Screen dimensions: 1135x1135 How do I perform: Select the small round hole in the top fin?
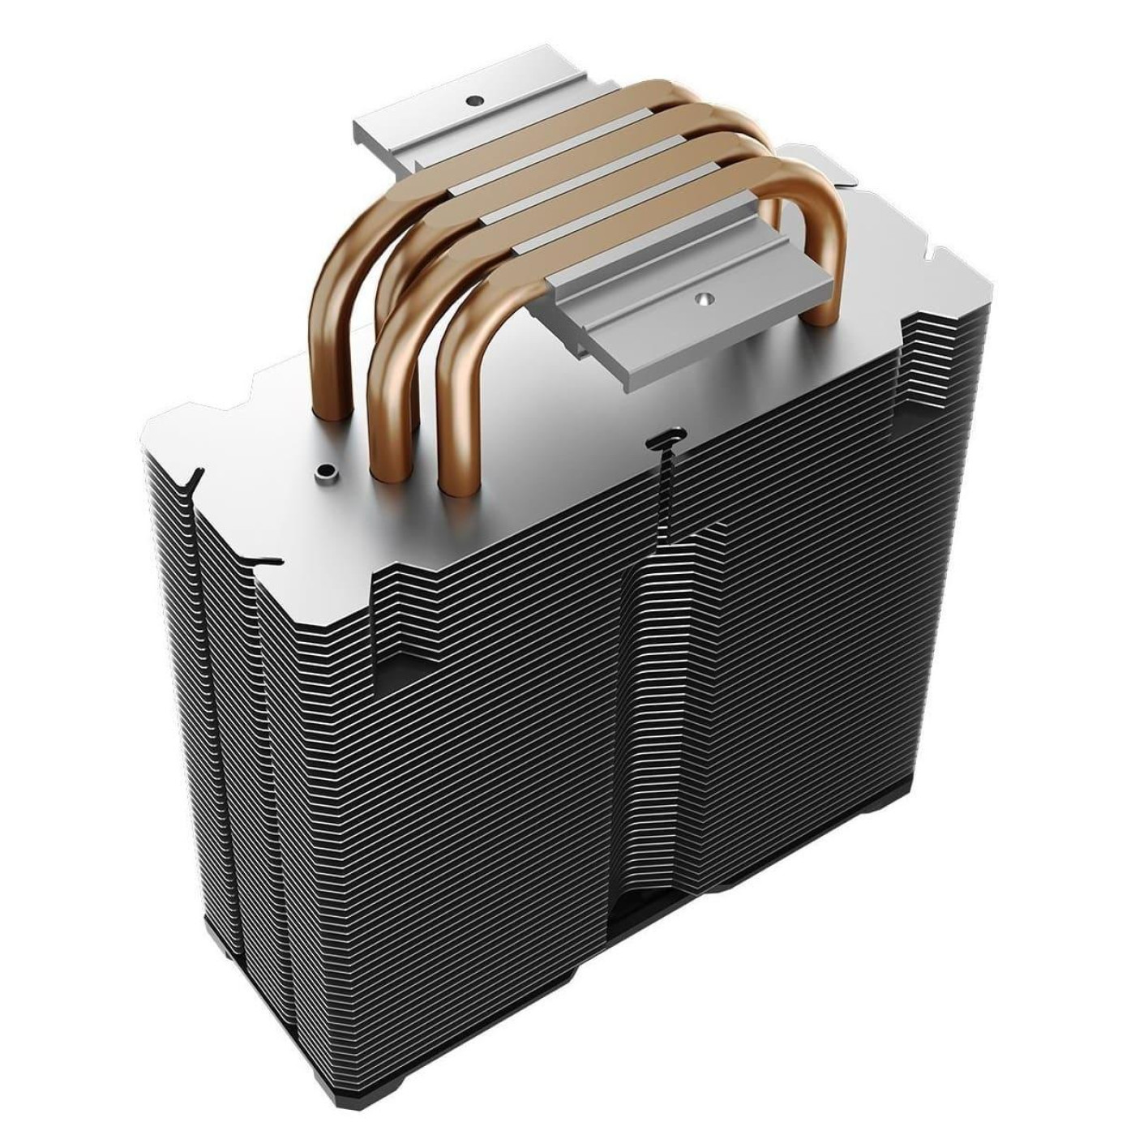[327, 471]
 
